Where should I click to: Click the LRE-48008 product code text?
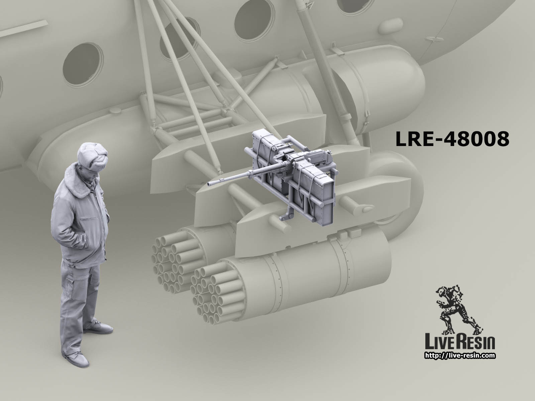click(452, 139)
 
